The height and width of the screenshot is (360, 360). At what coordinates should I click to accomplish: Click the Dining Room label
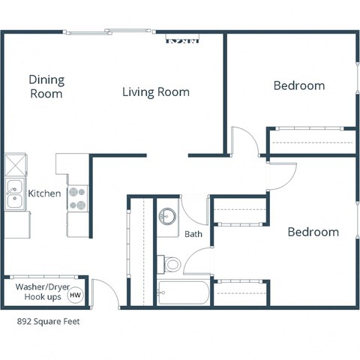[x=46, y=87]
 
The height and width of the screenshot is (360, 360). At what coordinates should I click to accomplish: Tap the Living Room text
[x=156, y=92]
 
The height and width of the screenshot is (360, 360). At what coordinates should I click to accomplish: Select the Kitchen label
[x=44, y=193]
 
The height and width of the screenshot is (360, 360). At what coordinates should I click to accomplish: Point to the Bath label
[x=193, y=234]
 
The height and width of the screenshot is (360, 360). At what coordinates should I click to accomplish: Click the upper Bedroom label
[x=298, y=85]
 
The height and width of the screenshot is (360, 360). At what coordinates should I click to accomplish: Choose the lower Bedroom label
[x=313, y=232]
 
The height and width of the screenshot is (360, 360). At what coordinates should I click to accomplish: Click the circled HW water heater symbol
[x=75, y=295]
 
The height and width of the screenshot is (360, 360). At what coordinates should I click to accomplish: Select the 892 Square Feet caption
[x=48, y=322]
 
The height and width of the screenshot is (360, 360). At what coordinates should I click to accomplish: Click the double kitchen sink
[x=13, y=194]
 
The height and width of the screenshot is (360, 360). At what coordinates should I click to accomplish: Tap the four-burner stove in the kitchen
[x=77, y=197]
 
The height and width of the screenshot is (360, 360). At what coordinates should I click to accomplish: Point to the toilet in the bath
[x=172, y=263]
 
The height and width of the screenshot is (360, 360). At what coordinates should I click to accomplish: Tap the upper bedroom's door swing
[x=243, y=142]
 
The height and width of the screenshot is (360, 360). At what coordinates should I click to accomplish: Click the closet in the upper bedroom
[x=311, y=140]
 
